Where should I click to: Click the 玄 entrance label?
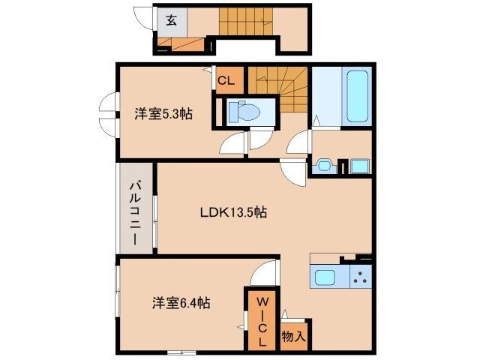pos(171,20)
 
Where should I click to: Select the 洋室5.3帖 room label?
pos(163,114)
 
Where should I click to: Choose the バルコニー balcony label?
pos(135,214)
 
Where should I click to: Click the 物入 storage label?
pos(293,337)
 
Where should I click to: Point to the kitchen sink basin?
pos(325,277)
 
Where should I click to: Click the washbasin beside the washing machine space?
pos(325,165)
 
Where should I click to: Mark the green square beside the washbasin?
pos(359,165)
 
